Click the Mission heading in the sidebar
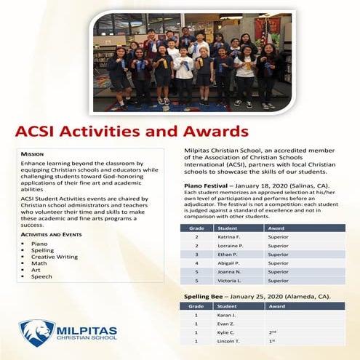pos(33,154)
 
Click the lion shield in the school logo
pos(37,332)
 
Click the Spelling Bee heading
pos(207,296)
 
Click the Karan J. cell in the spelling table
pos(228,316)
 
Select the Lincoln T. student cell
pos(230,341)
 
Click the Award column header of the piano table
pos(276,228)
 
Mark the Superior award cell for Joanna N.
pos(279,272)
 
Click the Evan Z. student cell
pos(228,324)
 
